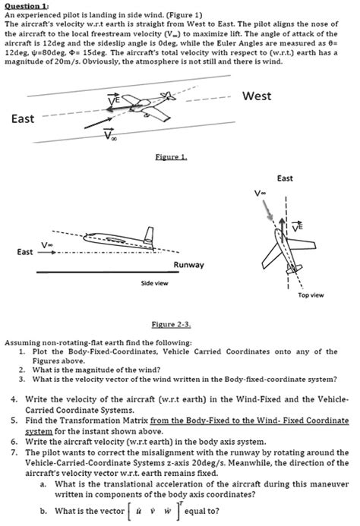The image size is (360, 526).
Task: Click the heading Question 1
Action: click(x=27, y=5)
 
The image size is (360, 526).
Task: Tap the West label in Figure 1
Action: click(x=256, y=96)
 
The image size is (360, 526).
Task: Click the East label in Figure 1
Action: click(x=24, y=118)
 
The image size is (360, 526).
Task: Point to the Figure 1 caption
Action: click(x=172, y=156)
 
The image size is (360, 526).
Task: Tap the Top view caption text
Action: click(x=312, y=294)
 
